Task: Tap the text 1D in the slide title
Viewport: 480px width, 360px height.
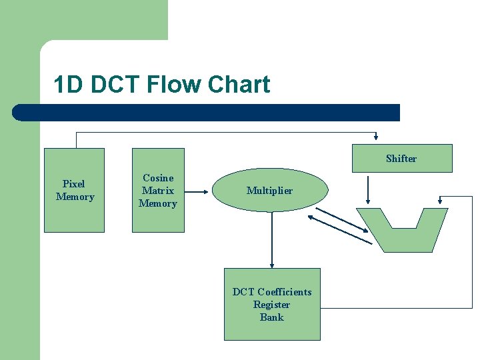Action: (69, 85)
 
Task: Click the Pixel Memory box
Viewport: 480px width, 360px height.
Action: (74, 213)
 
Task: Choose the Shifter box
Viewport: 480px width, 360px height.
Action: (402, 159)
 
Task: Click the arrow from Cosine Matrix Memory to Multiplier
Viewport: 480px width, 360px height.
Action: (198, 191)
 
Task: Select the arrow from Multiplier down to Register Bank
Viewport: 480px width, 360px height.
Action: (272, 240)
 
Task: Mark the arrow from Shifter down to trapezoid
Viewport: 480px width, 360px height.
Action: (367, 190)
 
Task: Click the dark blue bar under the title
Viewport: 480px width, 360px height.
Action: (207, 113)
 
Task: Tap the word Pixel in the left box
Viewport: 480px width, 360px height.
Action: (73, 184)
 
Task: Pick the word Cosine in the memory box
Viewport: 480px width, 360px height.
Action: (158, 178)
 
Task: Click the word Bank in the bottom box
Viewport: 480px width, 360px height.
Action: (272, 317)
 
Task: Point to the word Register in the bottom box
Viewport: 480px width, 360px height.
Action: (272, 305)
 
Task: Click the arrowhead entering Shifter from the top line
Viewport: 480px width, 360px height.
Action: (377, 140)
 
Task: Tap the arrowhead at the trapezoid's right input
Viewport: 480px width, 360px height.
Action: (440, 200)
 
